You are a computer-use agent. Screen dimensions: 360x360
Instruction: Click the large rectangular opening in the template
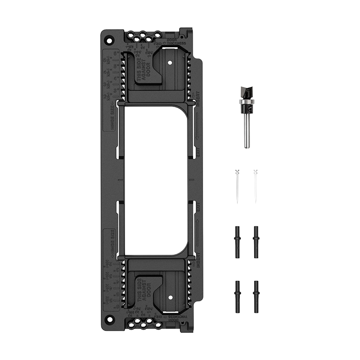pos(155,180)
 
